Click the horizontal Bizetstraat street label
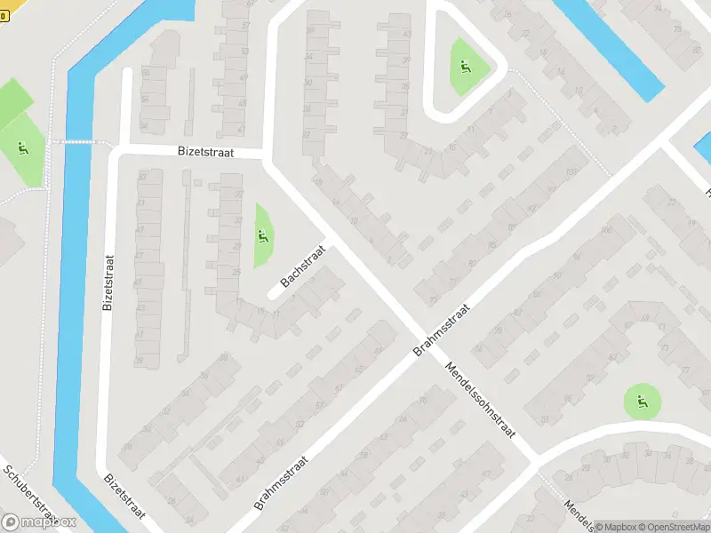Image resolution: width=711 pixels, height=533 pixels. (204, 153)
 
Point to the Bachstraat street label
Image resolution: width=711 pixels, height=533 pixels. (304, 266)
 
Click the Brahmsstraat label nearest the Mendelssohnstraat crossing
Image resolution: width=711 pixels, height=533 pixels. (441, 328)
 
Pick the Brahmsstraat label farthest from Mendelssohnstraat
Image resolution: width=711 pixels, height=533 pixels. (280, 483)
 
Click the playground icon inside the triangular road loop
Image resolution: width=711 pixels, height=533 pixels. (464, 66)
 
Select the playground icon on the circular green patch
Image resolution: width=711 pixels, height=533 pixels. (642, 402)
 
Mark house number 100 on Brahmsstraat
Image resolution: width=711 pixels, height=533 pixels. (607, 231)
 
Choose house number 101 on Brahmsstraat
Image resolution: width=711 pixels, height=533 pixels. (571, 171)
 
